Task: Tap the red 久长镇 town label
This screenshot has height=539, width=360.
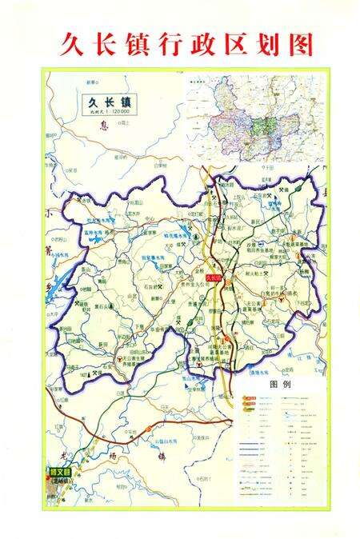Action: pyautogui.click(x=214, y=277)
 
